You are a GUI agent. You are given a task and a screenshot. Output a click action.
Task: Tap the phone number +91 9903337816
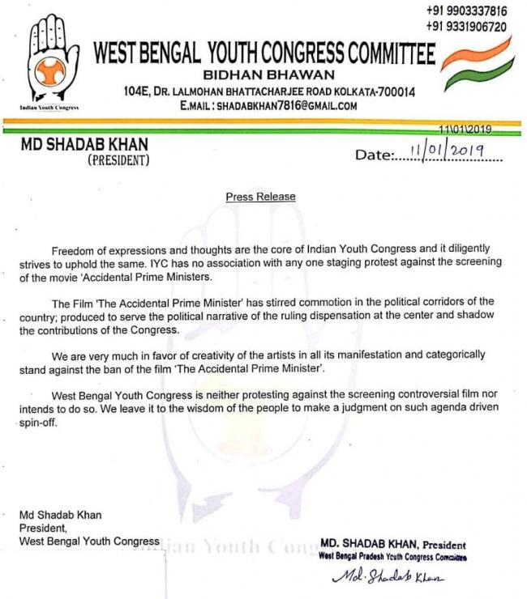click(466, 11)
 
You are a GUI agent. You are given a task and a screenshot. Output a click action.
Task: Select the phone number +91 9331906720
click(466, 27)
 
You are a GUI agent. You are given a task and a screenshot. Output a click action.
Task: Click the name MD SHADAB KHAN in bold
click(83, 145)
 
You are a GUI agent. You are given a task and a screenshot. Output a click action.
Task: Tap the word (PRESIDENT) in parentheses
click(118, 160)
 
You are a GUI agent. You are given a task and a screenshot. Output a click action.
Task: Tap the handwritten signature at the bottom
click(389, 578)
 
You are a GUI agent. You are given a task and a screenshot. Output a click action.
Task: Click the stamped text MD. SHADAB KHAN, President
click(393, 545)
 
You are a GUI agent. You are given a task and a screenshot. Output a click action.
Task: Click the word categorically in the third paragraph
click(455, 355)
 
